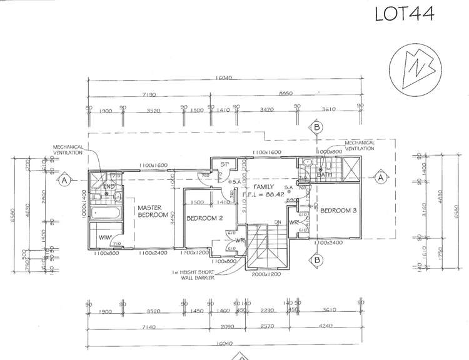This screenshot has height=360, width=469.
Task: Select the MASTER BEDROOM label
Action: [x=153, y=211]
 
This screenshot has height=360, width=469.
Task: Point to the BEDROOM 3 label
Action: [x=338, y=211]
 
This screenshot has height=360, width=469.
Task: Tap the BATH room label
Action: [x=324, y=174]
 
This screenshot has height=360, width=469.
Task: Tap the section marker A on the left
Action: [x=64, y=181]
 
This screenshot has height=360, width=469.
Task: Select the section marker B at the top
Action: [x=317, y=127]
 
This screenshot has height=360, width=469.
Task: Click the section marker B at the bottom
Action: [x=317, y=259]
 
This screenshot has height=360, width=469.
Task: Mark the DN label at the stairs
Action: [x=276, y=222]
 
